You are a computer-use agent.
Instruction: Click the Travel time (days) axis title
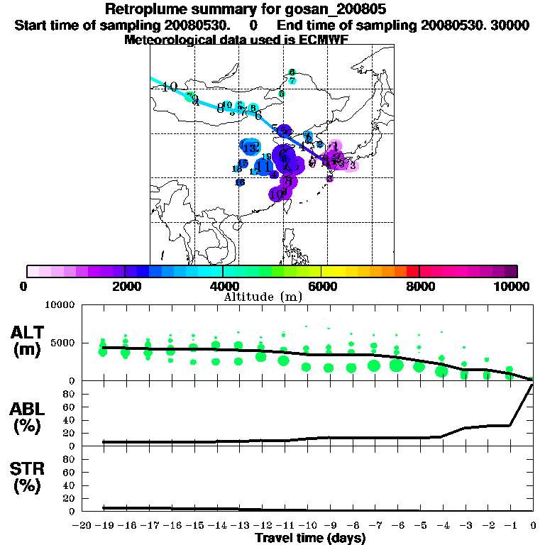click(310, 538)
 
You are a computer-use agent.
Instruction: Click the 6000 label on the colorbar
click(321, 286)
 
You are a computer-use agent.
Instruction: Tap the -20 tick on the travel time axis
click(82, 525)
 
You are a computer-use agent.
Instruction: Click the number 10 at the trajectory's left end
click(169, 87)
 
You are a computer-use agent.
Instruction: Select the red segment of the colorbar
click(412, 271)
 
